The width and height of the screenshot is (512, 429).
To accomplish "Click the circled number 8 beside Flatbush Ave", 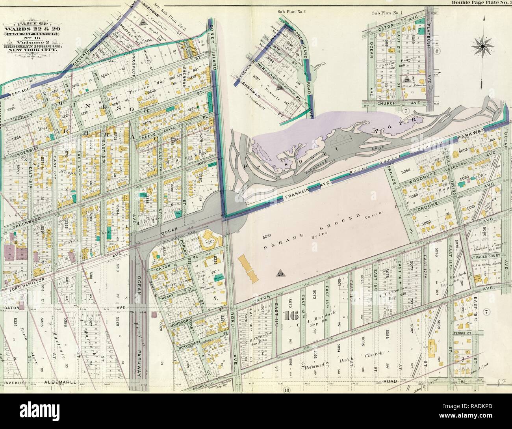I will (x=436, y=51).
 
